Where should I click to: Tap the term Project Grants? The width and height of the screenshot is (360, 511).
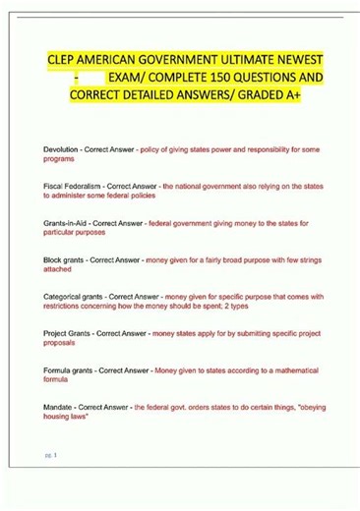click(x=71, y=333)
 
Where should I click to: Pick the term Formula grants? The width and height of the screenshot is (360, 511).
click(x=73, y=370)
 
